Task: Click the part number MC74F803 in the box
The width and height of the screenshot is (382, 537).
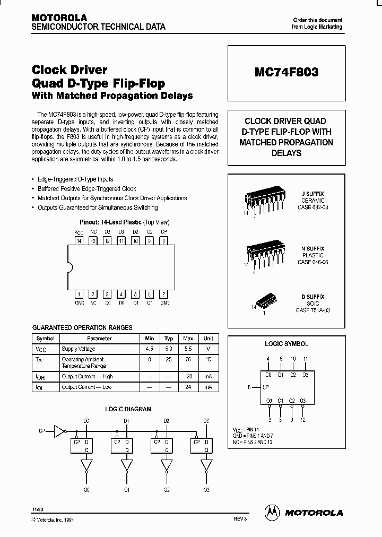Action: [286, 72]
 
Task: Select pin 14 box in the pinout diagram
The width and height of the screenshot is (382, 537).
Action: [79, 240]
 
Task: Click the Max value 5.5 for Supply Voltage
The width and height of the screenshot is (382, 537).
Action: [188, 349]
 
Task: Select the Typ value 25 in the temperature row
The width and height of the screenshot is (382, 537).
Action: [169, 359]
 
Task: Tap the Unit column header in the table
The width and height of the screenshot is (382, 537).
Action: [208, 338]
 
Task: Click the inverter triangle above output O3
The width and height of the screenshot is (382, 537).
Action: [206, 465]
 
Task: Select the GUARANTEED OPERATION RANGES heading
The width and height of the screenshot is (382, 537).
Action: [82, 327]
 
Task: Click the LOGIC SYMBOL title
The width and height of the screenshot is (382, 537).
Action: [286, 344]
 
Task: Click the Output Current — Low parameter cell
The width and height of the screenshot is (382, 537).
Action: [87, 387]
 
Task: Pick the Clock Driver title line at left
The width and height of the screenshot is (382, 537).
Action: [70, 70]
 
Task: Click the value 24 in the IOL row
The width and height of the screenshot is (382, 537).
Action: [188, 387]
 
